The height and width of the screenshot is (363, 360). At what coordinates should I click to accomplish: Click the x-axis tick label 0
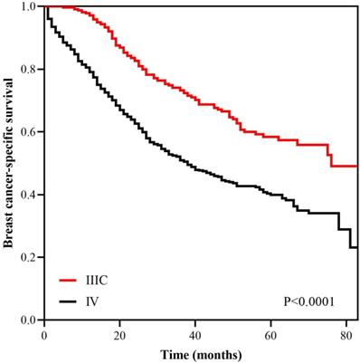[x=44, y=334]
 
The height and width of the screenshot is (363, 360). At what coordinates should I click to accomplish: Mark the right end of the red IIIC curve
[x=357, y=166]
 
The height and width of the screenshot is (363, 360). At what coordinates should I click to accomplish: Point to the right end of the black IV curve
[x=357, y=247]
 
